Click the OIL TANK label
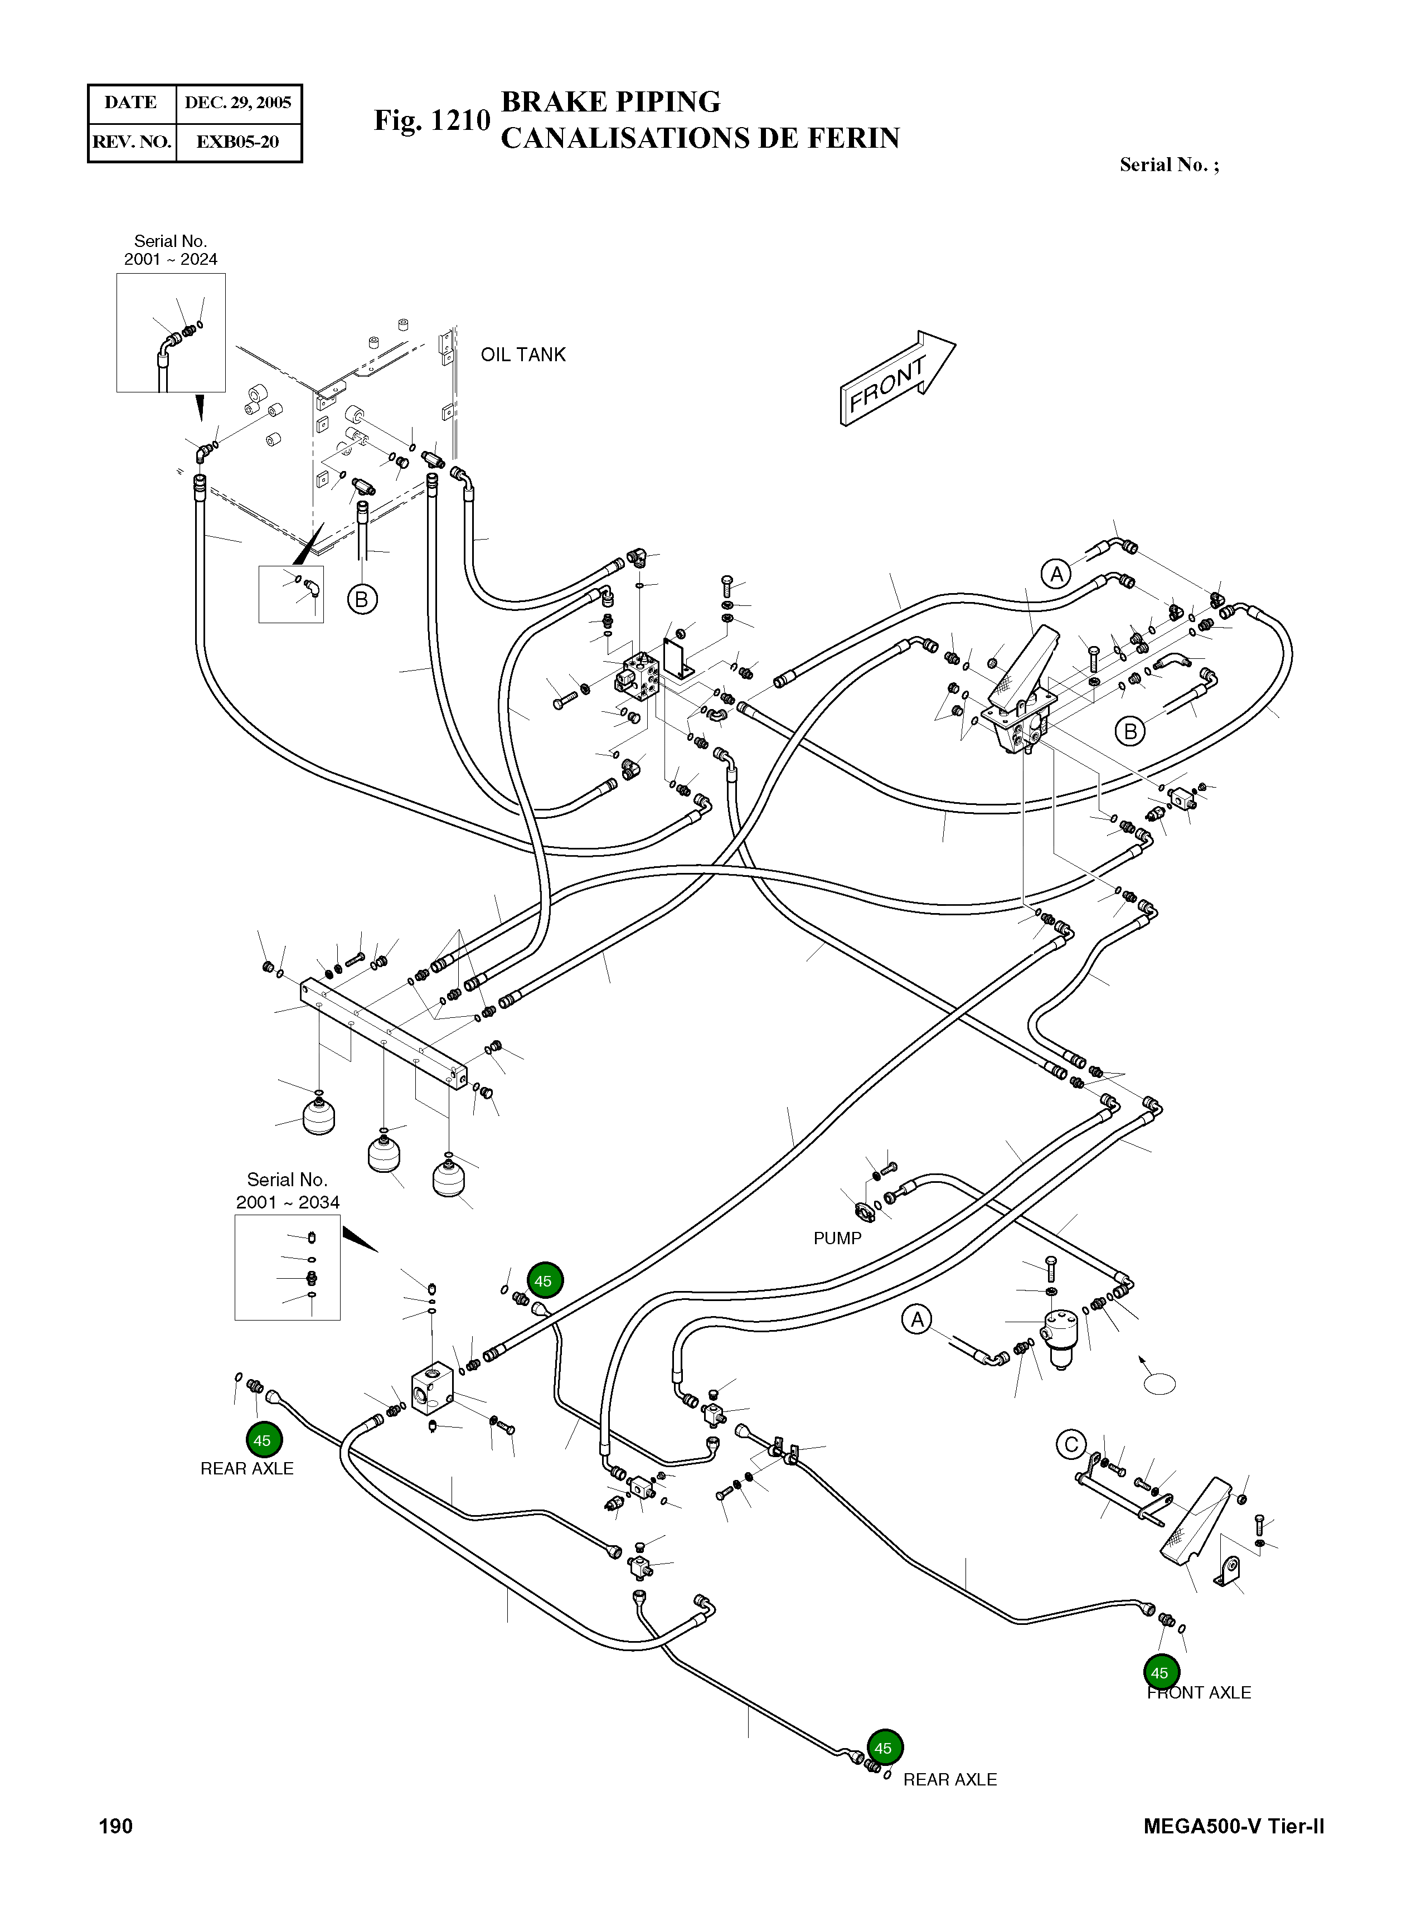tap(522, 355)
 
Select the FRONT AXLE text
tap(1199, 1693)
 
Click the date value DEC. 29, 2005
tap(237, 103)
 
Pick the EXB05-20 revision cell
tap(237, 142)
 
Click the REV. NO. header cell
tap(132, 142)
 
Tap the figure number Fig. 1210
tap(432, 121)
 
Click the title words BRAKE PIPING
tap(610, 102)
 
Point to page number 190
tap(116, 1826)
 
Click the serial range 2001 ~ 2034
tap(287, 1202)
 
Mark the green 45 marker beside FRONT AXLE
tap(1160, 1673)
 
